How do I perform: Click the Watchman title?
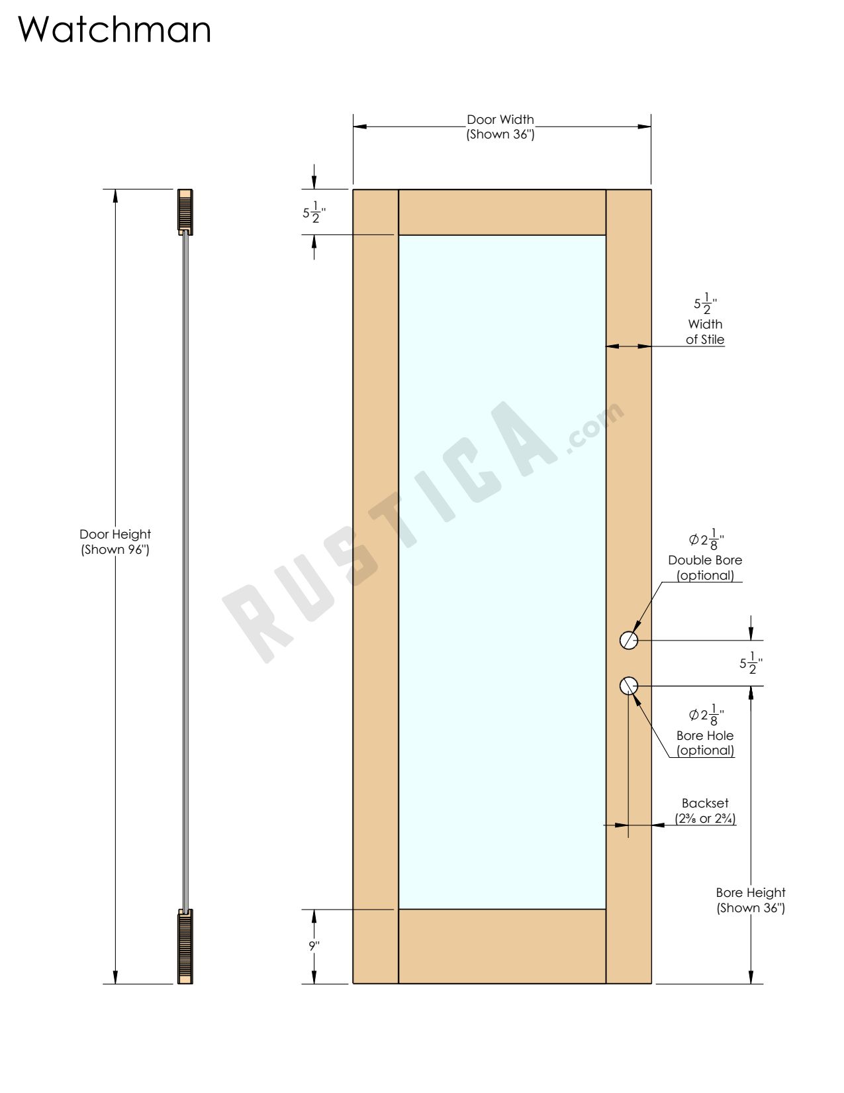[114, 30]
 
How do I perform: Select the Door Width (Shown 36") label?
[500, 127]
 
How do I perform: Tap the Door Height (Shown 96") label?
[115, 541]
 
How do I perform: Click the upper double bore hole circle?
[629, 640]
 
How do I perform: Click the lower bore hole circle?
[629, 686]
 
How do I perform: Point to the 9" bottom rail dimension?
[314, 946]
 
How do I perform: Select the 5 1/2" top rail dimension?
[314, 213]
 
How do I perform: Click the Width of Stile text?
[705, 332]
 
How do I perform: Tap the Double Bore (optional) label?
[705, 568]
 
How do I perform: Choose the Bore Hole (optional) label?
[705, 743]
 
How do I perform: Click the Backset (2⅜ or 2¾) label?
[705, 811]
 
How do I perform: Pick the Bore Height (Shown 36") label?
[751, 900]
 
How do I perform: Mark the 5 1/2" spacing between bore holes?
[751, 662]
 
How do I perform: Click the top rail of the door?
[502, 212]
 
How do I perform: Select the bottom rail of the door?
[502, 946]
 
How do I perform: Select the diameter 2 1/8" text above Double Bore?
[706, 540]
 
